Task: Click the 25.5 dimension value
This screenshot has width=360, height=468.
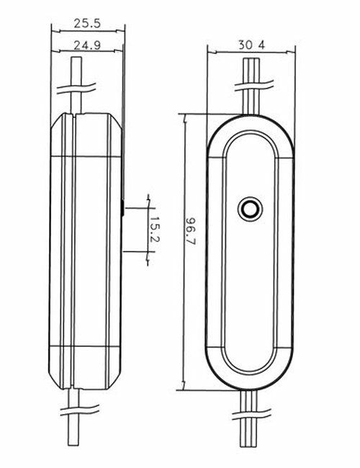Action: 87,24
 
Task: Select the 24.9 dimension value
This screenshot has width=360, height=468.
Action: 87,46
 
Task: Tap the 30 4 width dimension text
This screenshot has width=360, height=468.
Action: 251,45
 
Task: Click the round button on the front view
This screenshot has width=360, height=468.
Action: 251,209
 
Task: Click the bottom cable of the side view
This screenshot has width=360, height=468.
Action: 74,425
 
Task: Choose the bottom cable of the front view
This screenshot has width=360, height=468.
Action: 251,425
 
